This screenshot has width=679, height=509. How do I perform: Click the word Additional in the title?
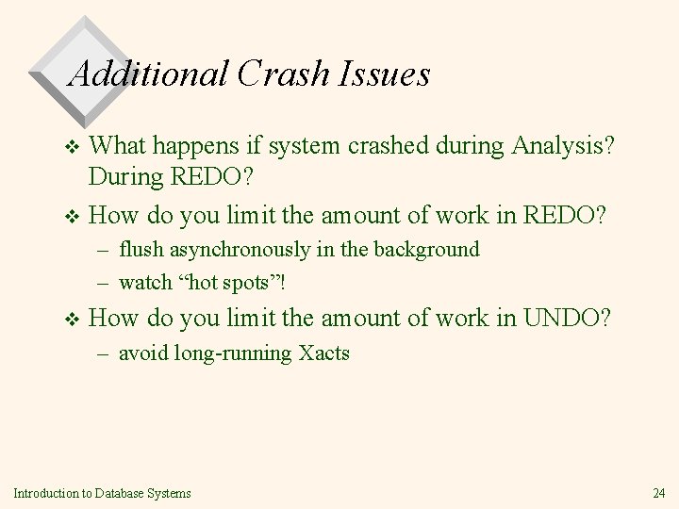[x=149, y=73]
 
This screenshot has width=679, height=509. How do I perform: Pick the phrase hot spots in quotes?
[x=230, y=281]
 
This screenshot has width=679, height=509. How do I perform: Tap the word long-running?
[x=230, y=353]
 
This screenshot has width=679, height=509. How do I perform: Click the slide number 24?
[x=657, y=493]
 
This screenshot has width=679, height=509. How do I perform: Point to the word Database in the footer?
[x=103, y=493]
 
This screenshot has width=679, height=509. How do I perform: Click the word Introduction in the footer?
[x=39, y=493]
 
